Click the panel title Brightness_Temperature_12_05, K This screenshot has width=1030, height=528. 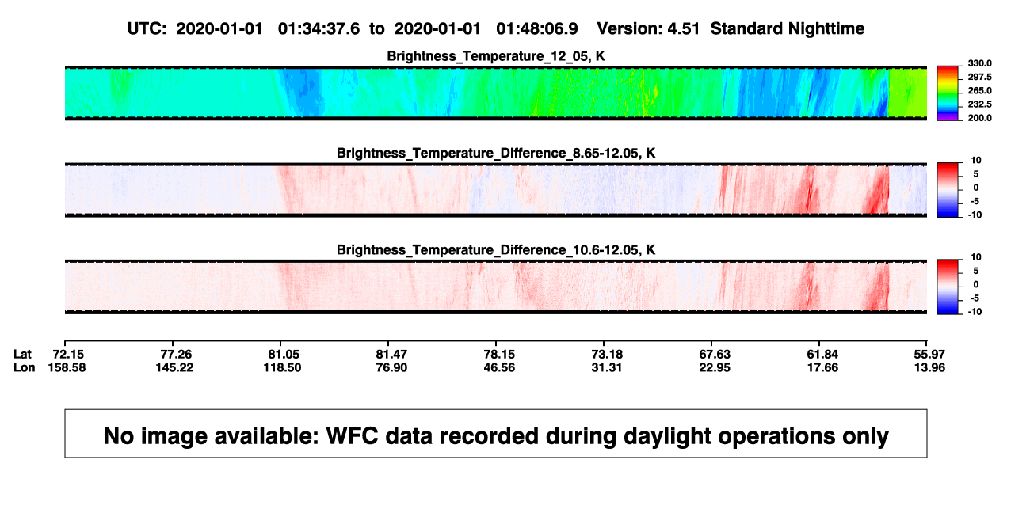click(x=496, y=56)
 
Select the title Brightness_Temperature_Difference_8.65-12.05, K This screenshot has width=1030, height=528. click(x=496, y=153)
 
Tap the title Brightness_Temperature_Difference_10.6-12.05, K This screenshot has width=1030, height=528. click(x=496, y=250)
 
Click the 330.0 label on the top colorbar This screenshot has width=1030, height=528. click(x=979, y=63)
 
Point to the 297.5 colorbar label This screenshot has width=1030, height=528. click(x=979, y=77)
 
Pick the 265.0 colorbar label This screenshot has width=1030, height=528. click(x=979, y=90)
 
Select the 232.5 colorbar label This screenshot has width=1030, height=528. click(x=979, y=104)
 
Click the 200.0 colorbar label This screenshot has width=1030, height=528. click(x=979, y=118)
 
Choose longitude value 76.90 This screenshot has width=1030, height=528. click(x=391, y=367)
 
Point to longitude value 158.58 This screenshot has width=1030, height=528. click(x=67, y=367)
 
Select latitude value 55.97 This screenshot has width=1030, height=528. click(x=929, y=355)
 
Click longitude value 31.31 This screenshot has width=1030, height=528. click(x=606, y=367)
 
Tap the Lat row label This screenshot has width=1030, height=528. click(x=22, y=355)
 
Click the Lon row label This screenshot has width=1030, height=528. click(x=25, y=367)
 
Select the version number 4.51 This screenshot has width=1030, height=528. click(x=683, y=29)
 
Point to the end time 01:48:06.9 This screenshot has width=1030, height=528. click(x=537, y=29)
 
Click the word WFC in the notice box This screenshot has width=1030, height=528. click(x=352, y=436)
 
